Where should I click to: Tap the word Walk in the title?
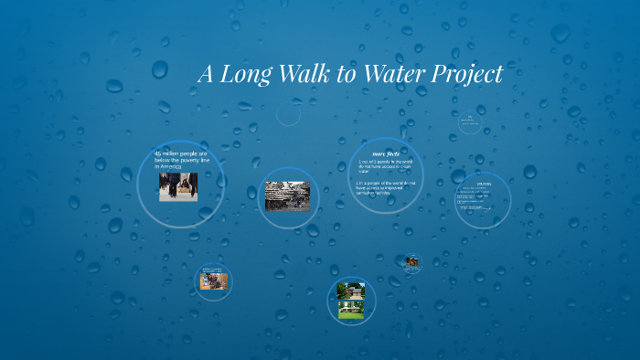300,74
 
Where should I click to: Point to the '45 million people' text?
181,154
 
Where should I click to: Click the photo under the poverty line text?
178,186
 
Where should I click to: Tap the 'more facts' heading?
386,154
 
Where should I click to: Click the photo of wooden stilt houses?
287,196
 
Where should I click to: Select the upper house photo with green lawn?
351,291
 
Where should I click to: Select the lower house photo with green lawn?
351,310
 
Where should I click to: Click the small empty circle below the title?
288,114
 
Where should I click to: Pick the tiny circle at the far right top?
469,122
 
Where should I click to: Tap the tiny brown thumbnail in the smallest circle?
413,263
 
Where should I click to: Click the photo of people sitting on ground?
214,281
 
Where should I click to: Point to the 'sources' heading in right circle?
484,184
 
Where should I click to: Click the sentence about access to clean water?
386,166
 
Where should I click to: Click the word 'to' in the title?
347,75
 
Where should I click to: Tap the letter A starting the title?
207,74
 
